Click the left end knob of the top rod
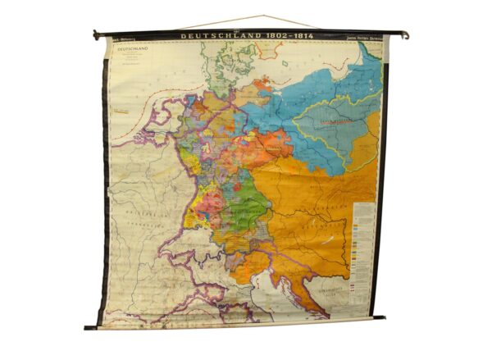[x=95, y=34]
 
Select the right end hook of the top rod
[x=405, y=35]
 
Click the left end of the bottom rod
[x=88, y=327]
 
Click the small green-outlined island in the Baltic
[x=287, y=64]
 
